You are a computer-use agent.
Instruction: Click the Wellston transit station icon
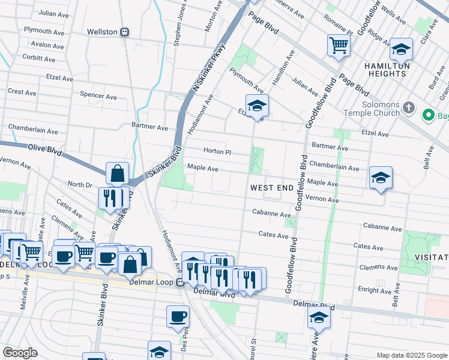[124, 32]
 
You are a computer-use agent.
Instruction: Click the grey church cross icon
[408, 109]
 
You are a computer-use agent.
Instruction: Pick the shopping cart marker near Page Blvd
[339, 45]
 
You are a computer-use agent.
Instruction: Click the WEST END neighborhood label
[271, 188]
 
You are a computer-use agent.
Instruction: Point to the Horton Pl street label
[217, 152]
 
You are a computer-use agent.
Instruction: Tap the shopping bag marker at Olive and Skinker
[118, 173]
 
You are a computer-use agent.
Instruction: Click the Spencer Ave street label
[98, 96]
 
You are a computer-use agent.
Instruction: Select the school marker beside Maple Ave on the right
[381, 178]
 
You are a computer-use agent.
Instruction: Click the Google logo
[20, 353]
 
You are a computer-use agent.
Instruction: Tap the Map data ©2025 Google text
[411, 355]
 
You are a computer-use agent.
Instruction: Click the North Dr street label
[79, 184]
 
